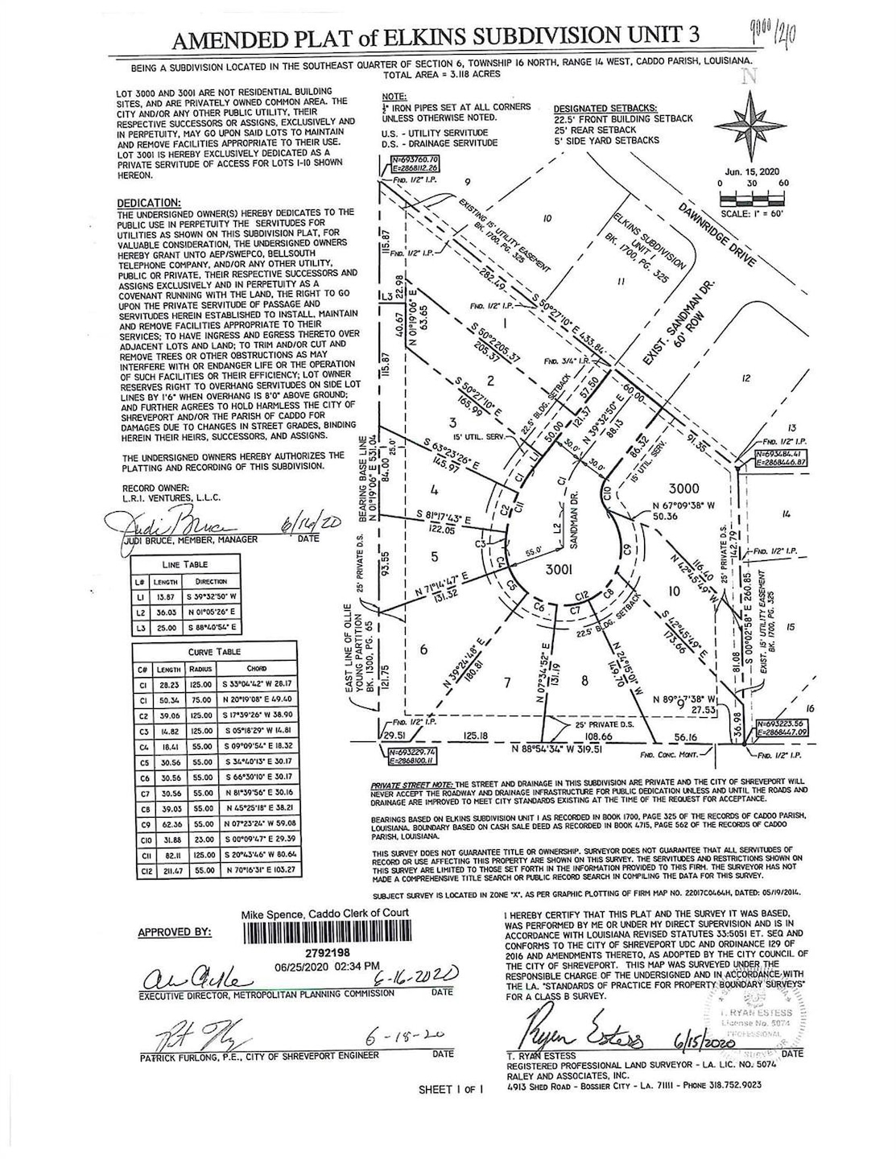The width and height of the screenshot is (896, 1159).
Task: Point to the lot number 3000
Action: (684, 489)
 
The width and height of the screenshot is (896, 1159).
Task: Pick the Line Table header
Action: (185, 564)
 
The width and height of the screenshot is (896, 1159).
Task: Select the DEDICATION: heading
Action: (149, 203)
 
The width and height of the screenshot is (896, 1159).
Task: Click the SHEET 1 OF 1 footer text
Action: (450, 1090)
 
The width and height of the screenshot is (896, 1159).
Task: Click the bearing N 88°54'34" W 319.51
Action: (563, 748)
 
